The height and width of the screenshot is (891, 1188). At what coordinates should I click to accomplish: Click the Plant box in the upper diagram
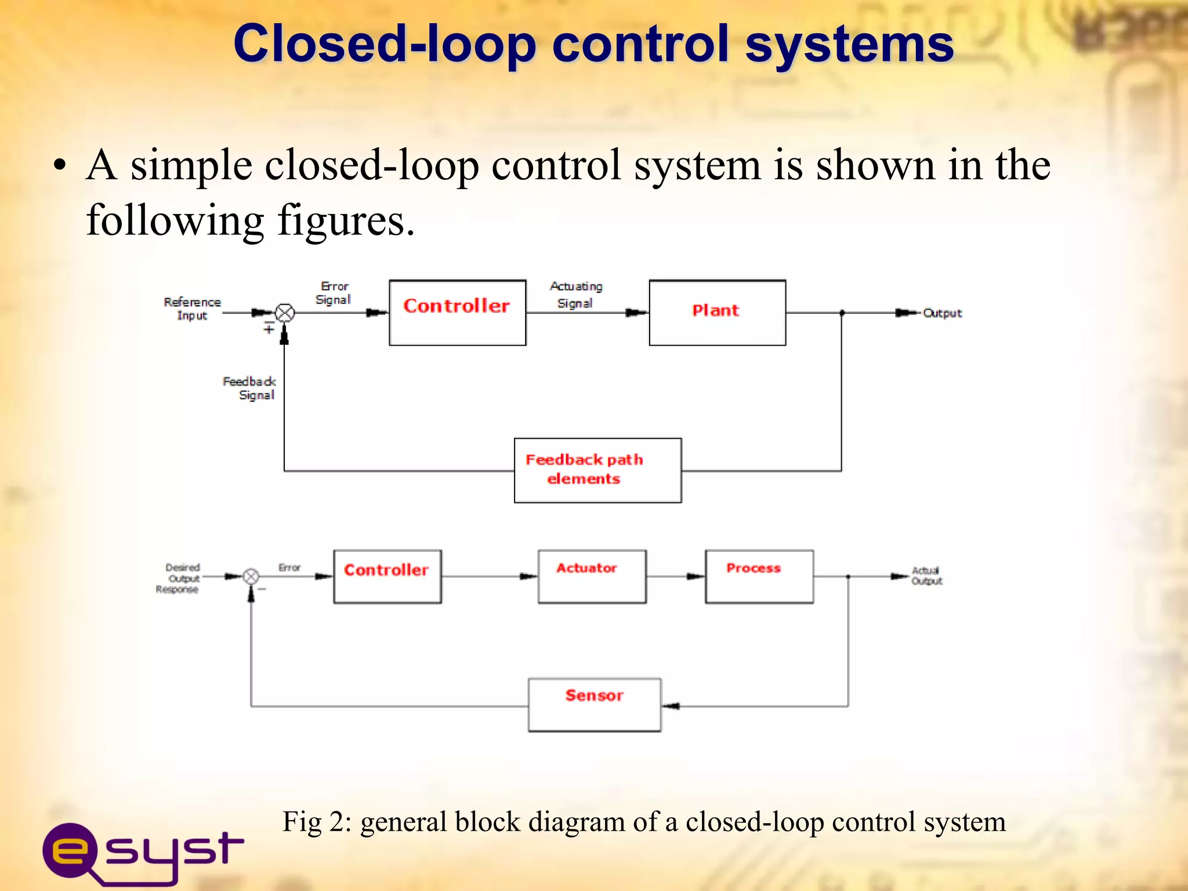point(717,313)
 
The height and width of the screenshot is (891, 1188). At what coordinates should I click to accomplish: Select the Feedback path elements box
point(597,470)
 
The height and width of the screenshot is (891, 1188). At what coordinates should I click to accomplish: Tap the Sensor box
point(594,704)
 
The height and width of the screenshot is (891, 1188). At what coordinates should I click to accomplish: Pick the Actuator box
point(592,577)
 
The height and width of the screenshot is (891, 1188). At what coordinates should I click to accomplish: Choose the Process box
point(759,577)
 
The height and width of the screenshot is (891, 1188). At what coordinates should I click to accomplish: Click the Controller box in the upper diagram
point(457,313)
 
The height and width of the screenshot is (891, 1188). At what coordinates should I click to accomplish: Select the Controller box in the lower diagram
point(387,577)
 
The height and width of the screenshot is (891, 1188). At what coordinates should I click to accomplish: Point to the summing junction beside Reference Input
point(284,313)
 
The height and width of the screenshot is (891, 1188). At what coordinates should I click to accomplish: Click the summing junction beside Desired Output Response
point(251,577)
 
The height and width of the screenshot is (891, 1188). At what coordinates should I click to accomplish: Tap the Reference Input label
point(192,309)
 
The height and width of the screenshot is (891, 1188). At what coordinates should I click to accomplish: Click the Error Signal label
point(334,293)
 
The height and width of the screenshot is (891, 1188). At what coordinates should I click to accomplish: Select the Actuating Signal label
point(575,295)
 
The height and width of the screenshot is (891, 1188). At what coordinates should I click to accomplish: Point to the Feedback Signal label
point(251,388)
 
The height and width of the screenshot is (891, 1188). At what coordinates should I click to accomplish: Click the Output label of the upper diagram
point(942,313)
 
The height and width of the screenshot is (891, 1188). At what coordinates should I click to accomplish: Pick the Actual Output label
point(926,575)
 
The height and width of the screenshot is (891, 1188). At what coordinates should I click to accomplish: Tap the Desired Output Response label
point(179,578)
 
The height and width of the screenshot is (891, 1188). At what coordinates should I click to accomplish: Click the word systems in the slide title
point(849,44)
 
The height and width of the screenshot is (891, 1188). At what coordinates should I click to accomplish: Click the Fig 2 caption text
point(644,822)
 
